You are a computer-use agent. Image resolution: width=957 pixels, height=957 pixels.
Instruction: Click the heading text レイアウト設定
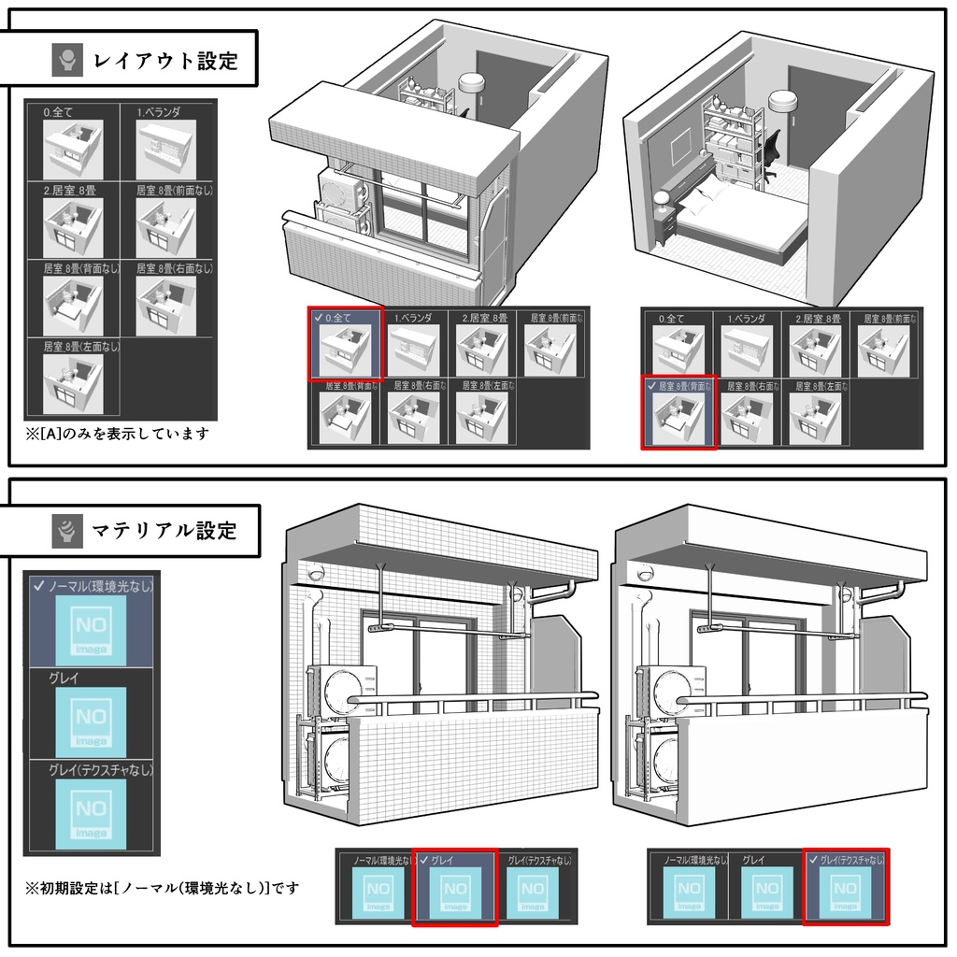click(165, 62)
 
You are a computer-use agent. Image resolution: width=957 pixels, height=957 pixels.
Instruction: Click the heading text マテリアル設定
click(164, 531)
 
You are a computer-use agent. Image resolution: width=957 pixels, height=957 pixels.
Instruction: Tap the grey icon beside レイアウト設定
click(67, 62)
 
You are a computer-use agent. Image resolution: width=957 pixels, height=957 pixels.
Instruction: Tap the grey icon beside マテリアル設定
click(67, 531)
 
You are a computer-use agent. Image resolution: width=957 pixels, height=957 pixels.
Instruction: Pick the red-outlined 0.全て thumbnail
click(345, 344)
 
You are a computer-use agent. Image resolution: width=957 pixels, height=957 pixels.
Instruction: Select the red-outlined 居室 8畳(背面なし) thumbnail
click(678, 413)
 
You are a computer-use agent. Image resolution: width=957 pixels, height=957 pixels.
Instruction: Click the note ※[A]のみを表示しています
click(118, 434)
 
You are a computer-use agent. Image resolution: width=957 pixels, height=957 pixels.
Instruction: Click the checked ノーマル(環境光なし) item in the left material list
click(91, 624)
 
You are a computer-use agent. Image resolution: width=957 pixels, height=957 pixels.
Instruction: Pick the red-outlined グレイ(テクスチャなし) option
click(845, 889)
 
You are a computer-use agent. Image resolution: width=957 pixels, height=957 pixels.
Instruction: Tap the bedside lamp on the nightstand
click(662, 200)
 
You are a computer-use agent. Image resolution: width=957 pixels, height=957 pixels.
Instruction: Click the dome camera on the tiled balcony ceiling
click(316, 573)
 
